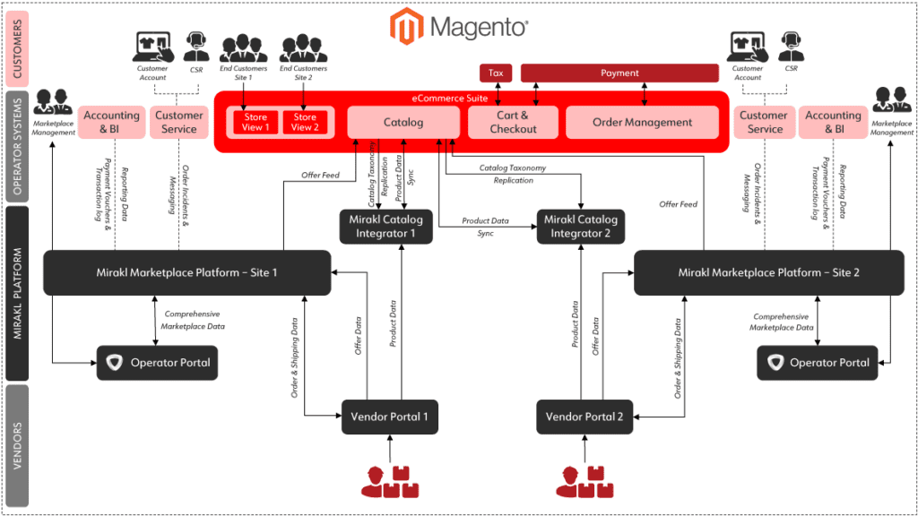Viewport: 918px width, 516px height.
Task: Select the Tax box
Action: pyautogui.click(x=496, y=73)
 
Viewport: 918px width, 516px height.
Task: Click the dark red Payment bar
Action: pyautogui.click(x=619, y=73)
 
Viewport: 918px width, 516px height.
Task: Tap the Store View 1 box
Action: pyautogui.click(x=255, y=123)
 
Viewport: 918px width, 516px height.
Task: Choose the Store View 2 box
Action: pyautogui.click(x=305, y=123)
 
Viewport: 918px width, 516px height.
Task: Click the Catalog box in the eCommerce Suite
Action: pyautogui.click(x=403, y=123)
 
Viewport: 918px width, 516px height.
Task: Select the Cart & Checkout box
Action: pyautogui.click(x=513, y=123)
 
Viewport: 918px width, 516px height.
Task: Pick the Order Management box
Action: pyautogui.click(x=642, y=123)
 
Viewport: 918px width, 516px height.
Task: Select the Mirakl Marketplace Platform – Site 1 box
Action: pyautogui.click(x=187, y=272)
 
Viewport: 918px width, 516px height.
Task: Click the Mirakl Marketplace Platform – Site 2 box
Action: pyautogui.click(x=768, y=272)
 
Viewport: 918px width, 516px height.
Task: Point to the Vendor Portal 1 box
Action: pyautogui.click(x=389, y=417)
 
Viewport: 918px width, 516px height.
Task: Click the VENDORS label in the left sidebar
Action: pyautogui.click(x=16, y=445)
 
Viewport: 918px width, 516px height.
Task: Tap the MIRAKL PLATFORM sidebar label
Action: pyautogui.click(x=16, y=293)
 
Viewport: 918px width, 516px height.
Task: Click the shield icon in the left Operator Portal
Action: pyautogui.click(x=113, y=363)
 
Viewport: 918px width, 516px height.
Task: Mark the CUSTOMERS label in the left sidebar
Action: pyautogui.click(x=16, y=48)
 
